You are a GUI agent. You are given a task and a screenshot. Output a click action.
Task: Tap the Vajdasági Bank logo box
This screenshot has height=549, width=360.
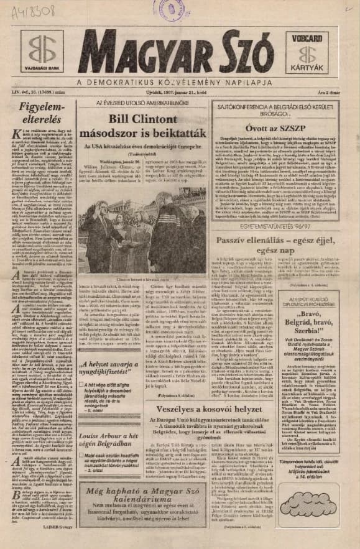(42, 52)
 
